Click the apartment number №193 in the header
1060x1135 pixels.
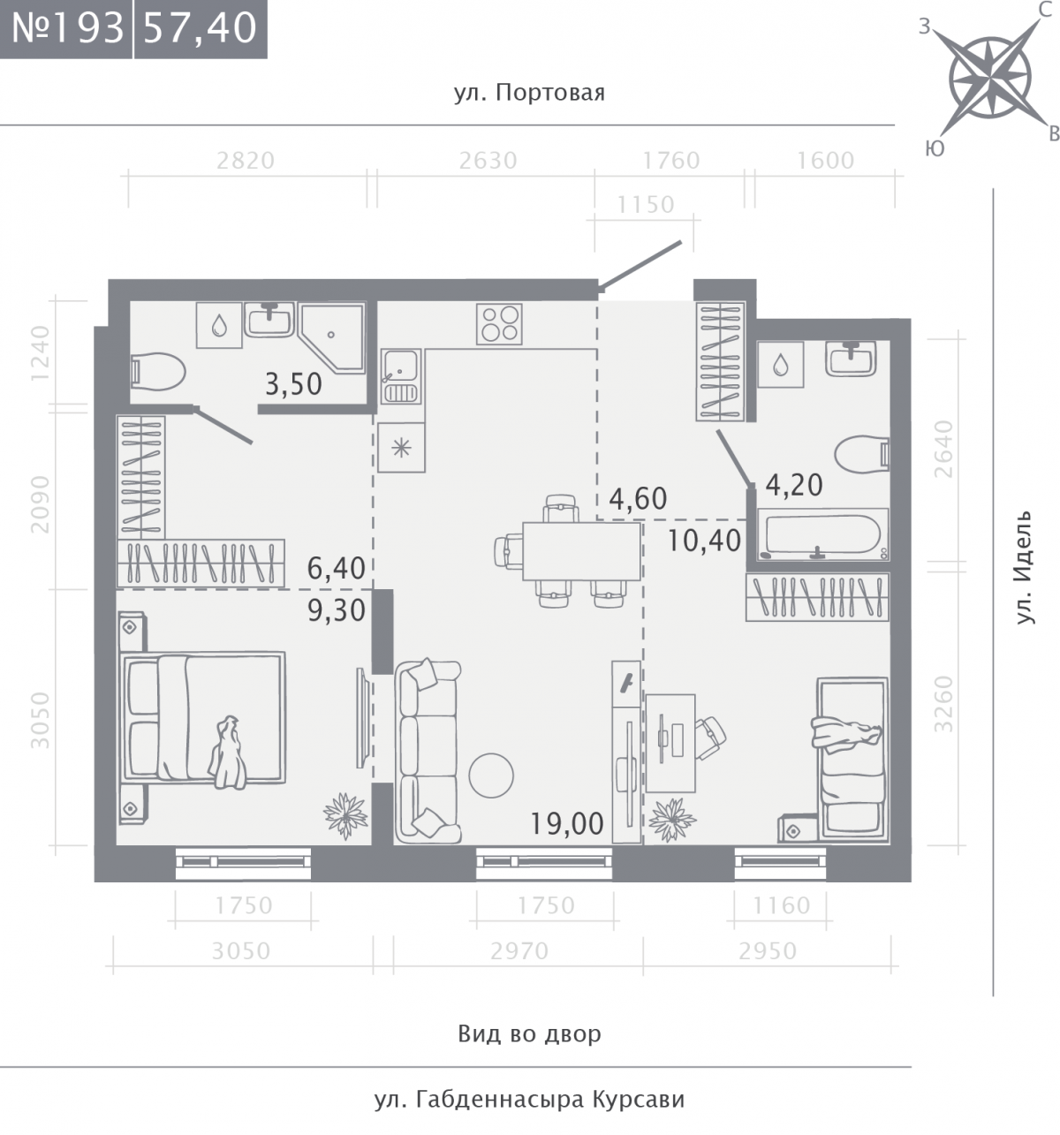tap(67, 28)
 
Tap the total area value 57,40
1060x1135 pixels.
tap(200, 28)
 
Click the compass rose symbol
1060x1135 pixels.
tap(991, 78)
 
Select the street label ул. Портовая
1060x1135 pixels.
tap(529, 92)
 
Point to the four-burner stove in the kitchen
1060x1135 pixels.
tap(499, 324)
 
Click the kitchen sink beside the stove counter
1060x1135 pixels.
tap(401, 376)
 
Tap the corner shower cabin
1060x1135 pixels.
tap(332, 338)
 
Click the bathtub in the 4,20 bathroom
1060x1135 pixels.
tap(822, 534)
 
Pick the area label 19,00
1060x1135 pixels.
tap(567, 823)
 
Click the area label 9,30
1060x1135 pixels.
tap(337, 610)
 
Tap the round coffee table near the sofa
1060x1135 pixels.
tap(491, 776)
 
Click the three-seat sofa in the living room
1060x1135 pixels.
tap(428, 752)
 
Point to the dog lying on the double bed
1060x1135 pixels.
tap(228, 753)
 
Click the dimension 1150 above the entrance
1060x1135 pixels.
tap(646, 205)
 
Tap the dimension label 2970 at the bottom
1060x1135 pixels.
tap(519, 951)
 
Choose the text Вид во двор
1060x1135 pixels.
tap(529, 1033)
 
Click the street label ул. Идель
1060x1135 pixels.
tap(1025, 566)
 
